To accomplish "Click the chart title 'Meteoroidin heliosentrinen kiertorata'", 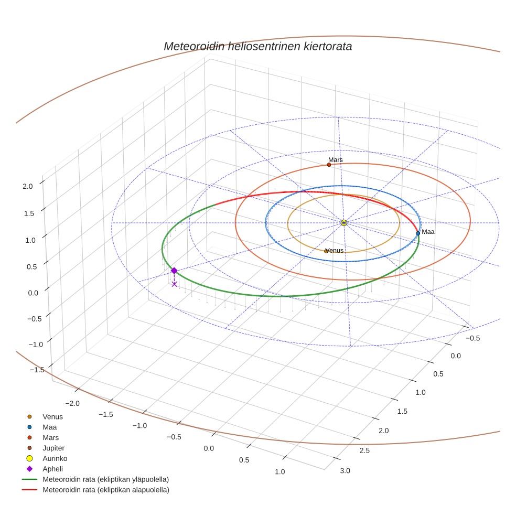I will [x=257, y=46].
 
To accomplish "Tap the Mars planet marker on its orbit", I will [x=329, y=165].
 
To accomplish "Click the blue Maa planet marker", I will [x=418, y=233].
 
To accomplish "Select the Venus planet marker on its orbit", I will [x=326, y=251].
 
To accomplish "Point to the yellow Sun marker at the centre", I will [x=344, y=223].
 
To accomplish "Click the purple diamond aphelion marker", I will [x=174, y=271].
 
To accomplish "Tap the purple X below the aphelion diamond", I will [x=175, y=284].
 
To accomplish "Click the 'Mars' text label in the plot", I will [x=336, y=159].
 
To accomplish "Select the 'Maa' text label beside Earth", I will [x=428, y=232].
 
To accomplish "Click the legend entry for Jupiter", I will [x=53, y=448].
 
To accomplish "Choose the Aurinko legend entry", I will [x=55, y=458].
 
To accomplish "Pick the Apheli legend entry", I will [x=52, y=469].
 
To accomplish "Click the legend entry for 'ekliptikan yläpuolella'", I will [x=105, y=479].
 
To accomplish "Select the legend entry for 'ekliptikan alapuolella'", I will [x=105, y=490].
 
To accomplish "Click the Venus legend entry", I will [x=52, y=417].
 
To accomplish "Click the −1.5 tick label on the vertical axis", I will [x=37, y=370].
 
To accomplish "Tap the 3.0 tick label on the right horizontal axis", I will [x=345, y=470].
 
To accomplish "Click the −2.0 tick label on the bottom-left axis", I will [x=71, y=403].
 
